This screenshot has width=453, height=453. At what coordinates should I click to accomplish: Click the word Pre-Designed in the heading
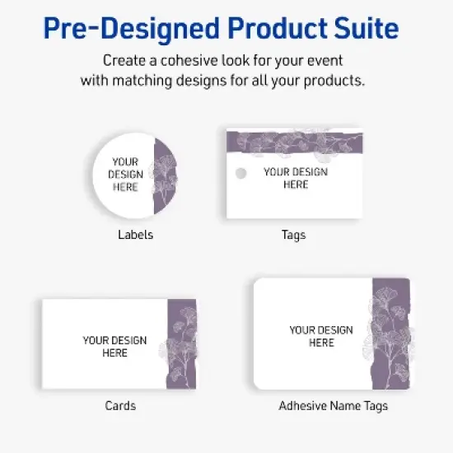point(123,30)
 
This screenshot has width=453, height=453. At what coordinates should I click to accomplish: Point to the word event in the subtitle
point(325,61)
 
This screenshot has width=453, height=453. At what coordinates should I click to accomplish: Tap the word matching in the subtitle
point(143,81)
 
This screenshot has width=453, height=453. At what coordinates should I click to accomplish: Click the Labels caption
point(135,235)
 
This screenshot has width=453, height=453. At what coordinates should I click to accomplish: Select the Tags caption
point(293,235)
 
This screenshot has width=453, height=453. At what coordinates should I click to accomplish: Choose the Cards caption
point(120,405)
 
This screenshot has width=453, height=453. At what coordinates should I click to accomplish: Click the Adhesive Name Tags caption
point(333,405)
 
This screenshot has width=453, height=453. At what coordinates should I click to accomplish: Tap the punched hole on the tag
point(241,173)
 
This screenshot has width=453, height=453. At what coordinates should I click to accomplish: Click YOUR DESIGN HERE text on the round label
point(125,175)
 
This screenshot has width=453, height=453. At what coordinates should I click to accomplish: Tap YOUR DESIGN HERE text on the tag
point(296,178)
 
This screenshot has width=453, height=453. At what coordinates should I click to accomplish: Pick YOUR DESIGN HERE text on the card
point(114,346)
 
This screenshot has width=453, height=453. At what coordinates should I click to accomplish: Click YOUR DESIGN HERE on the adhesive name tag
point(321,336)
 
